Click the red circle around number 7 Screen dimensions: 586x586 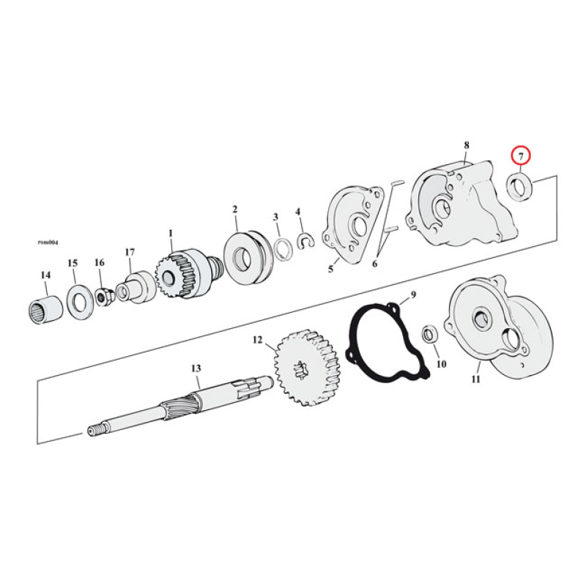coord(520,156)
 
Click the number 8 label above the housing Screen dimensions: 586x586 coord(466,146)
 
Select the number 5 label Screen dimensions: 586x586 coord(330,269)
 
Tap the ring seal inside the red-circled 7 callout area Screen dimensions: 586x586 coord(522,186)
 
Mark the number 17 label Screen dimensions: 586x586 coord(130,252)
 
